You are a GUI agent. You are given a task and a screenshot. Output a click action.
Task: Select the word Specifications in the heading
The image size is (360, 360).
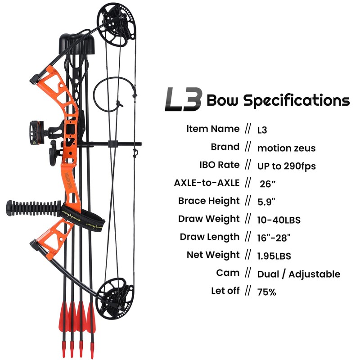pyautogui.click(x=297, y=100)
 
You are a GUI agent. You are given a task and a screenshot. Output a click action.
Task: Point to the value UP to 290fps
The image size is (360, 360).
pyautogui.click(x=286, y=166)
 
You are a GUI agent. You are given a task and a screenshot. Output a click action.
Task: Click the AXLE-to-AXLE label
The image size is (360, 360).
pyautogui.click(x=207, y=183)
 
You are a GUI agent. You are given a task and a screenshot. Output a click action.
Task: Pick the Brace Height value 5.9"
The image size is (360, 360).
pyautogui.click(x=267, y=202)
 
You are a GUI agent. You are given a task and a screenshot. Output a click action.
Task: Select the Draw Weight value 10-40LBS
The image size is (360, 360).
pyautogui.click(x=279, y=220)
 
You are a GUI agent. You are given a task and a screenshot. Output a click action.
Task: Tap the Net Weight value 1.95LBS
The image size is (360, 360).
pyautogui.click(x=274, y=256)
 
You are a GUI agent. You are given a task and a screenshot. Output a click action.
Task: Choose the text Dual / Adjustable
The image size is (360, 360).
pyautogui.click(x=298, y=274)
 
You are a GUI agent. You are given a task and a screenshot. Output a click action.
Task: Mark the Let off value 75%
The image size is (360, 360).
pyautogui.click(x=266, y=292)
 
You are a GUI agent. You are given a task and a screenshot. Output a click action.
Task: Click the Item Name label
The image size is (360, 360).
pyautogui.click(x=213, y=129)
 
